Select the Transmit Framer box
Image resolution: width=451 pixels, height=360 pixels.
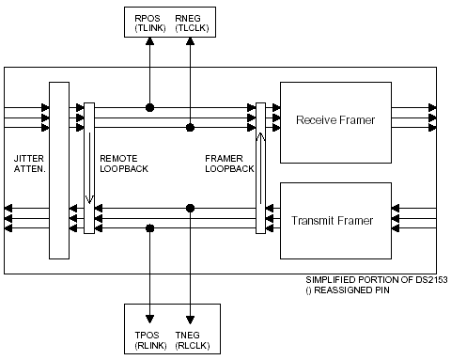tap(335, 221)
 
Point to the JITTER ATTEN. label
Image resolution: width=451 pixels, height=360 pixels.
tap(25, 163)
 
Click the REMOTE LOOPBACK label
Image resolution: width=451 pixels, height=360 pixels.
tap(123, 163)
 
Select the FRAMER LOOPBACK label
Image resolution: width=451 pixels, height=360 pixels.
tap(228, 163)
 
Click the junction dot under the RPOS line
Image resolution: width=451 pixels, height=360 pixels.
tap(149, 107)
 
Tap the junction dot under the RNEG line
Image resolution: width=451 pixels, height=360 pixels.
tap(190, 126)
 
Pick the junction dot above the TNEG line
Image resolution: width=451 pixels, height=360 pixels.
tap(190, 208)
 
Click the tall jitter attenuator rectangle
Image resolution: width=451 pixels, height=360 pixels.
tap(59, 169)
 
